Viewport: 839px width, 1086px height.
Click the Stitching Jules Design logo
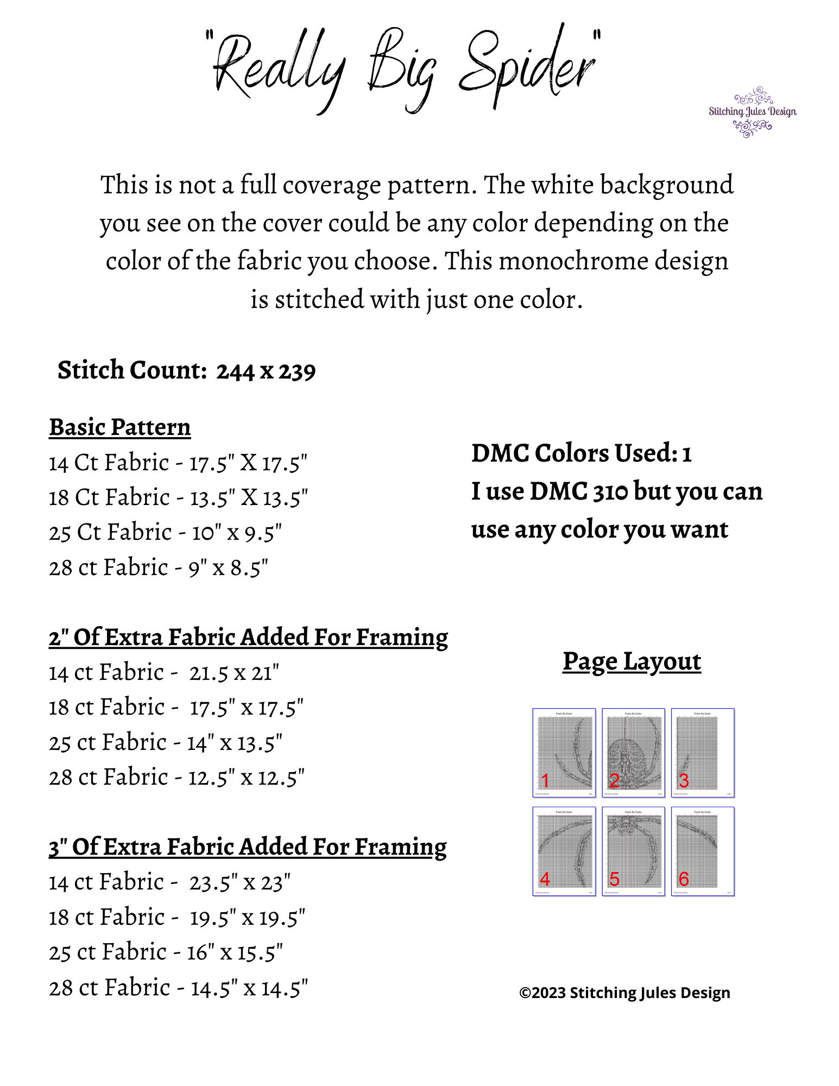(752, 112)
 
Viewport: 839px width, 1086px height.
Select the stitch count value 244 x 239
(266, 371)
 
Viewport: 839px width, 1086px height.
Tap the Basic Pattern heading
(120, 427)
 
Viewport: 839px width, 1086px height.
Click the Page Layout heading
(632, 661)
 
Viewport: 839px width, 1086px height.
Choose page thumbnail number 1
(564, 753)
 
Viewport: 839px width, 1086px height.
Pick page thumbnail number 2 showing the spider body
(633, 753)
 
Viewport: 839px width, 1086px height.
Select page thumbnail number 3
(703, 753)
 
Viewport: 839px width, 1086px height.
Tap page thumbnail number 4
(564, 851)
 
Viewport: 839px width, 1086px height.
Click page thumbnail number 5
(633, 851)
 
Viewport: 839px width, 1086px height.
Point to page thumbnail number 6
(703, 851)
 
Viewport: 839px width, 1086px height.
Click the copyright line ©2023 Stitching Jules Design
(624, 993)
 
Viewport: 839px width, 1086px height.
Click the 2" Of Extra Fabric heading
(248, 637)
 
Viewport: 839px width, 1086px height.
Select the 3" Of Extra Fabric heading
(248, 847)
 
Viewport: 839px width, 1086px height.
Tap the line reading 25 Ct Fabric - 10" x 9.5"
(165, 533)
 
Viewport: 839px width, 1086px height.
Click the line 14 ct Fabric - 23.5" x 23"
(169, 882)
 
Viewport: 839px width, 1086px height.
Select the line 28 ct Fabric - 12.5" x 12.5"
(176, 778)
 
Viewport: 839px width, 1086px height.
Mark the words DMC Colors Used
(573, 453)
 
